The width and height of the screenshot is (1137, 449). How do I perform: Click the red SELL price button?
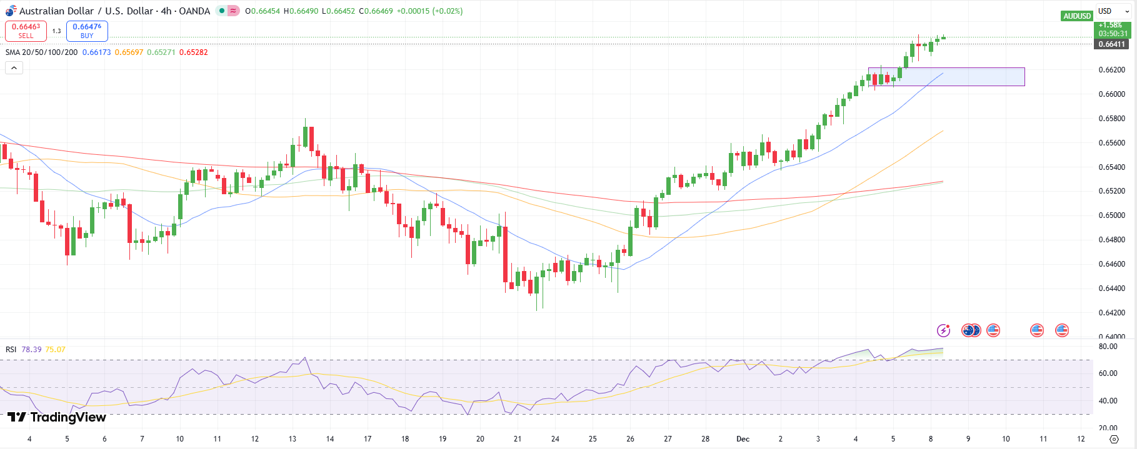click(x=26, y=31)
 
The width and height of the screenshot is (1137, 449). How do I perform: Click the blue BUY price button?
click(x=87, y=31)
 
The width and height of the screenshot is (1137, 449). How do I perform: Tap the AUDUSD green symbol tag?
click(x=1076, y=16)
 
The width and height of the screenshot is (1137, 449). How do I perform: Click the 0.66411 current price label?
click(x=1112, y=44)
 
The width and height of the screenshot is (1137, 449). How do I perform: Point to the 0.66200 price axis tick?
click(x=1111, y=70)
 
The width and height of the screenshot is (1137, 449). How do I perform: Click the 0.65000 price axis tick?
click(x=1111, y=215)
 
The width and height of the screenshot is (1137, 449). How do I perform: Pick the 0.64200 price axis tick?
click(x=1111, y=313)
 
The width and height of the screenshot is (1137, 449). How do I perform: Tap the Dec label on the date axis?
click(x=743, y=439)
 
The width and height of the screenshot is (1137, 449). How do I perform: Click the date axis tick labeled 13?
click(x=292, y=439)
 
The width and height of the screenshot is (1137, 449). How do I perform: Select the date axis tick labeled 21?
click(x=518, y=439)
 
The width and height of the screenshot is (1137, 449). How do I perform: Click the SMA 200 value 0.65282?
click(x=193, y=52)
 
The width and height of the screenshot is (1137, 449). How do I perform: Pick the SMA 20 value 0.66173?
click(x=96, y=52)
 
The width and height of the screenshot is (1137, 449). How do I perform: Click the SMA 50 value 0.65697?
click(x=129, y=52)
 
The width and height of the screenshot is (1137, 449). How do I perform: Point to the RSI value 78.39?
click(x=31, y=350)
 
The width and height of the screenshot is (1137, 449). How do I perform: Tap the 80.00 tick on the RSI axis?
click(x=1108, y=347)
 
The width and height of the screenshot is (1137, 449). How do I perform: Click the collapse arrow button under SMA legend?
click(x=14, y=67)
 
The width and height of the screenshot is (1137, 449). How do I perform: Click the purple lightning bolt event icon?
click(x=943, y=330)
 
